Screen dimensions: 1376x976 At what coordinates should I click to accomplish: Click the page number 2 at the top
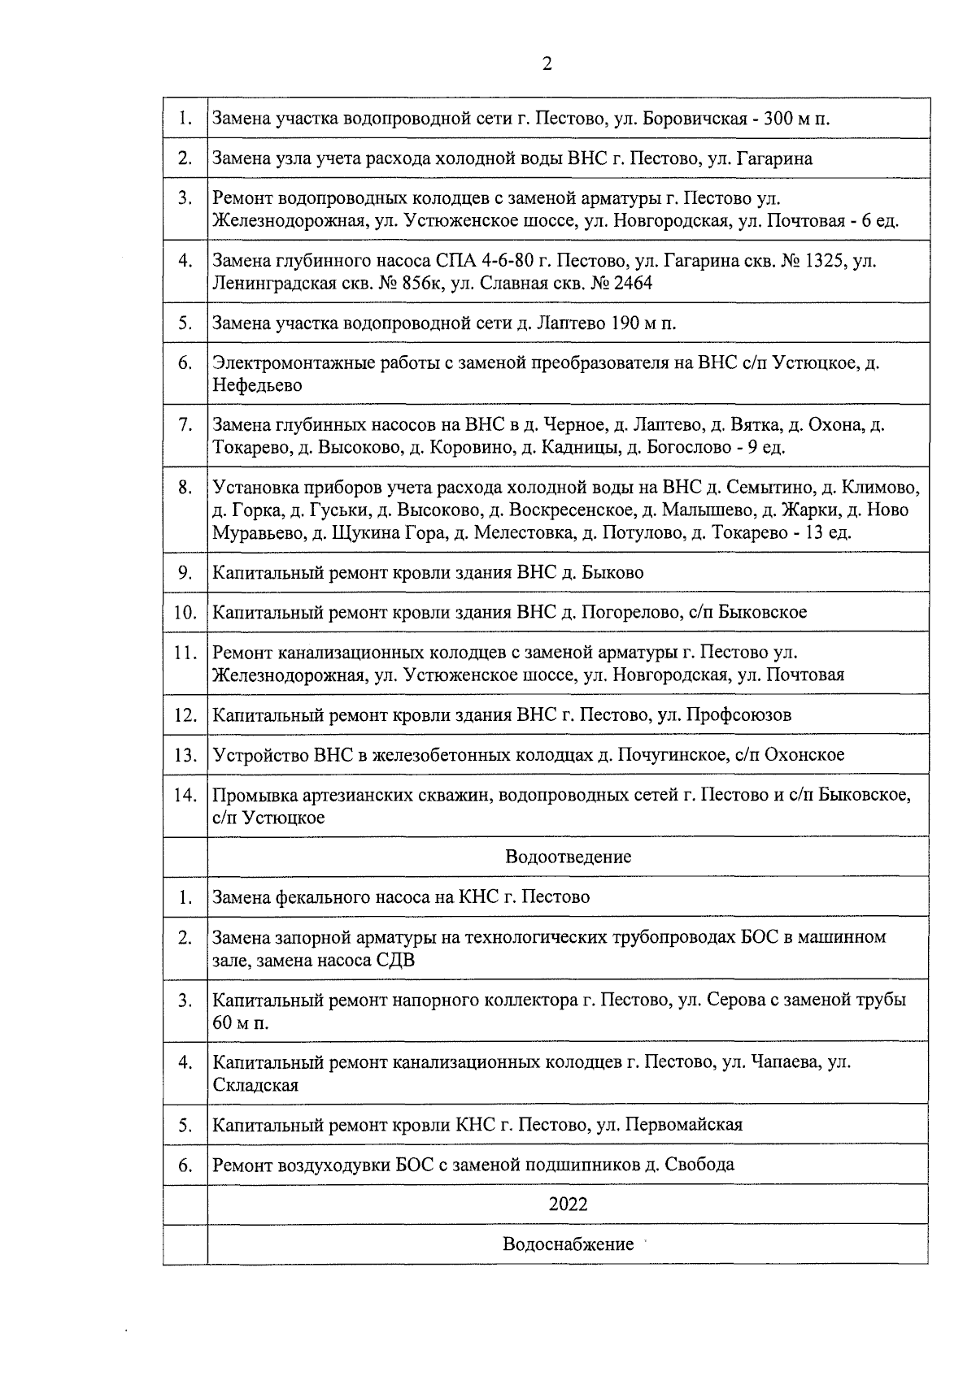(x=547, y=64)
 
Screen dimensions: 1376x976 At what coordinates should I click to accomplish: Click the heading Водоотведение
(x=568, y=857)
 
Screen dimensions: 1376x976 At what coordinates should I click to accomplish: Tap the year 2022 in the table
(x=568, y=1204)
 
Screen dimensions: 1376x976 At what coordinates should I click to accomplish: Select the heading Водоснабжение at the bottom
(x=568, y=1244)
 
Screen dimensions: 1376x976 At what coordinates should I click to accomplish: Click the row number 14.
(x=185, y=795)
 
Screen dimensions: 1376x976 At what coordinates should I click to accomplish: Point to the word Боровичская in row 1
(x=692, y=119)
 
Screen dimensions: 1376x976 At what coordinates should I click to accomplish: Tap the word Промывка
(x=252, y=795)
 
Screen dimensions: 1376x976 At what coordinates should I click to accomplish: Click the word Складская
(x=255, y=1085)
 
